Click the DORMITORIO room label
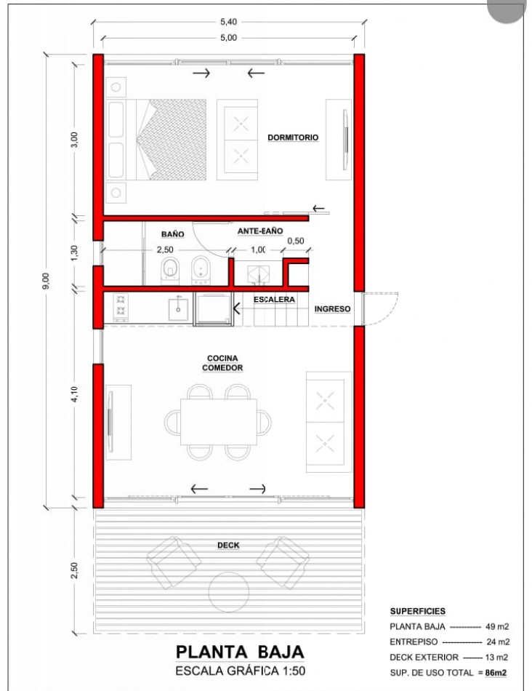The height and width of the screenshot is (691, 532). [293, 137]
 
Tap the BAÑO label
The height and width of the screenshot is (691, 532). [173, 234]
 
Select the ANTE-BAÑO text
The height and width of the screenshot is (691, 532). [260, 231]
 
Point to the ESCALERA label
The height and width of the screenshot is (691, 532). [274, 300]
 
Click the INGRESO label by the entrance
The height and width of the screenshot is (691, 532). [333, 309]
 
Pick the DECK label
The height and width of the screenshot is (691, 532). [228, 545]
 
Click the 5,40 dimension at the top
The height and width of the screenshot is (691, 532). [228, 22]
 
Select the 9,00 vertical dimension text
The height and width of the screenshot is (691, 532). [47, 281]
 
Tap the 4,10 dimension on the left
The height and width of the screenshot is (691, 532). [74, 394]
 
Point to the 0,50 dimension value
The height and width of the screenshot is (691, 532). [296, 241]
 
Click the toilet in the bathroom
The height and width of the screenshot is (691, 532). [170, 269]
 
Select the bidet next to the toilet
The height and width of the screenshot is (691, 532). [201, 269]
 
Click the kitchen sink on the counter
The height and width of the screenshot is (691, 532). [178, 309]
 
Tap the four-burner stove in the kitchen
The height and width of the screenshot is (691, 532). [121, 307]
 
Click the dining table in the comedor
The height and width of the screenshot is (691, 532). [219, 422]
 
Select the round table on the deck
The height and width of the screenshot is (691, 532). [228, 592]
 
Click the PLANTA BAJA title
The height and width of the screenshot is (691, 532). [240, 652]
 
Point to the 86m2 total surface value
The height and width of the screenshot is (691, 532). [496, 673]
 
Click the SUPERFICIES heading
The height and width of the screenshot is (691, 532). [417, 611]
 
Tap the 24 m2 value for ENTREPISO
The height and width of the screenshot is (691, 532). [498, 642]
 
